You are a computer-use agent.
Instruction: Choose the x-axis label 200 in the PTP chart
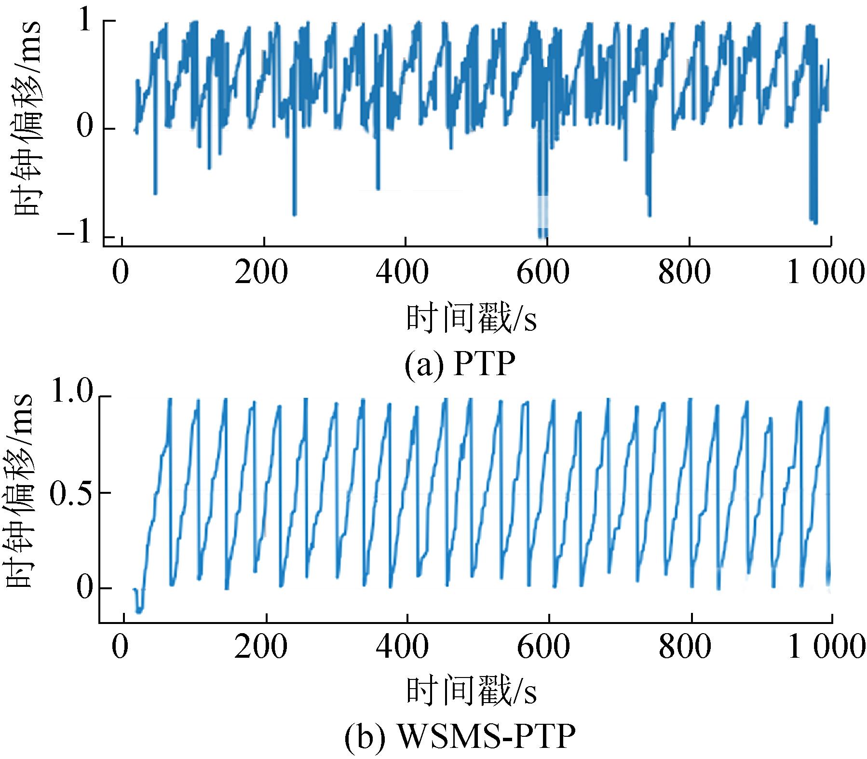point(261,273)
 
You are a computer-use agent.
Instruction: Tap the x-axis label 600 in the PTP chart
point(542,273)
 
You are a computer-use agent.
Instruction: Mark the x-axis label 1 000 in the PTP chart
point(825,273)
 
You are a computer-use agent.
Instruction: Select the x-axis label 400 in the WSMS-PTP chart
point(403,648)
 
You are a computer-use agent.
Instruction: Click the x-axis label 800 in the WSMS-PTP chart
point(684,648)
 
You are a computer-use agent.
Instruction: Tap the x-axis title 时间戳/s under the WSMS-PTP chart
point(471,692)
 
